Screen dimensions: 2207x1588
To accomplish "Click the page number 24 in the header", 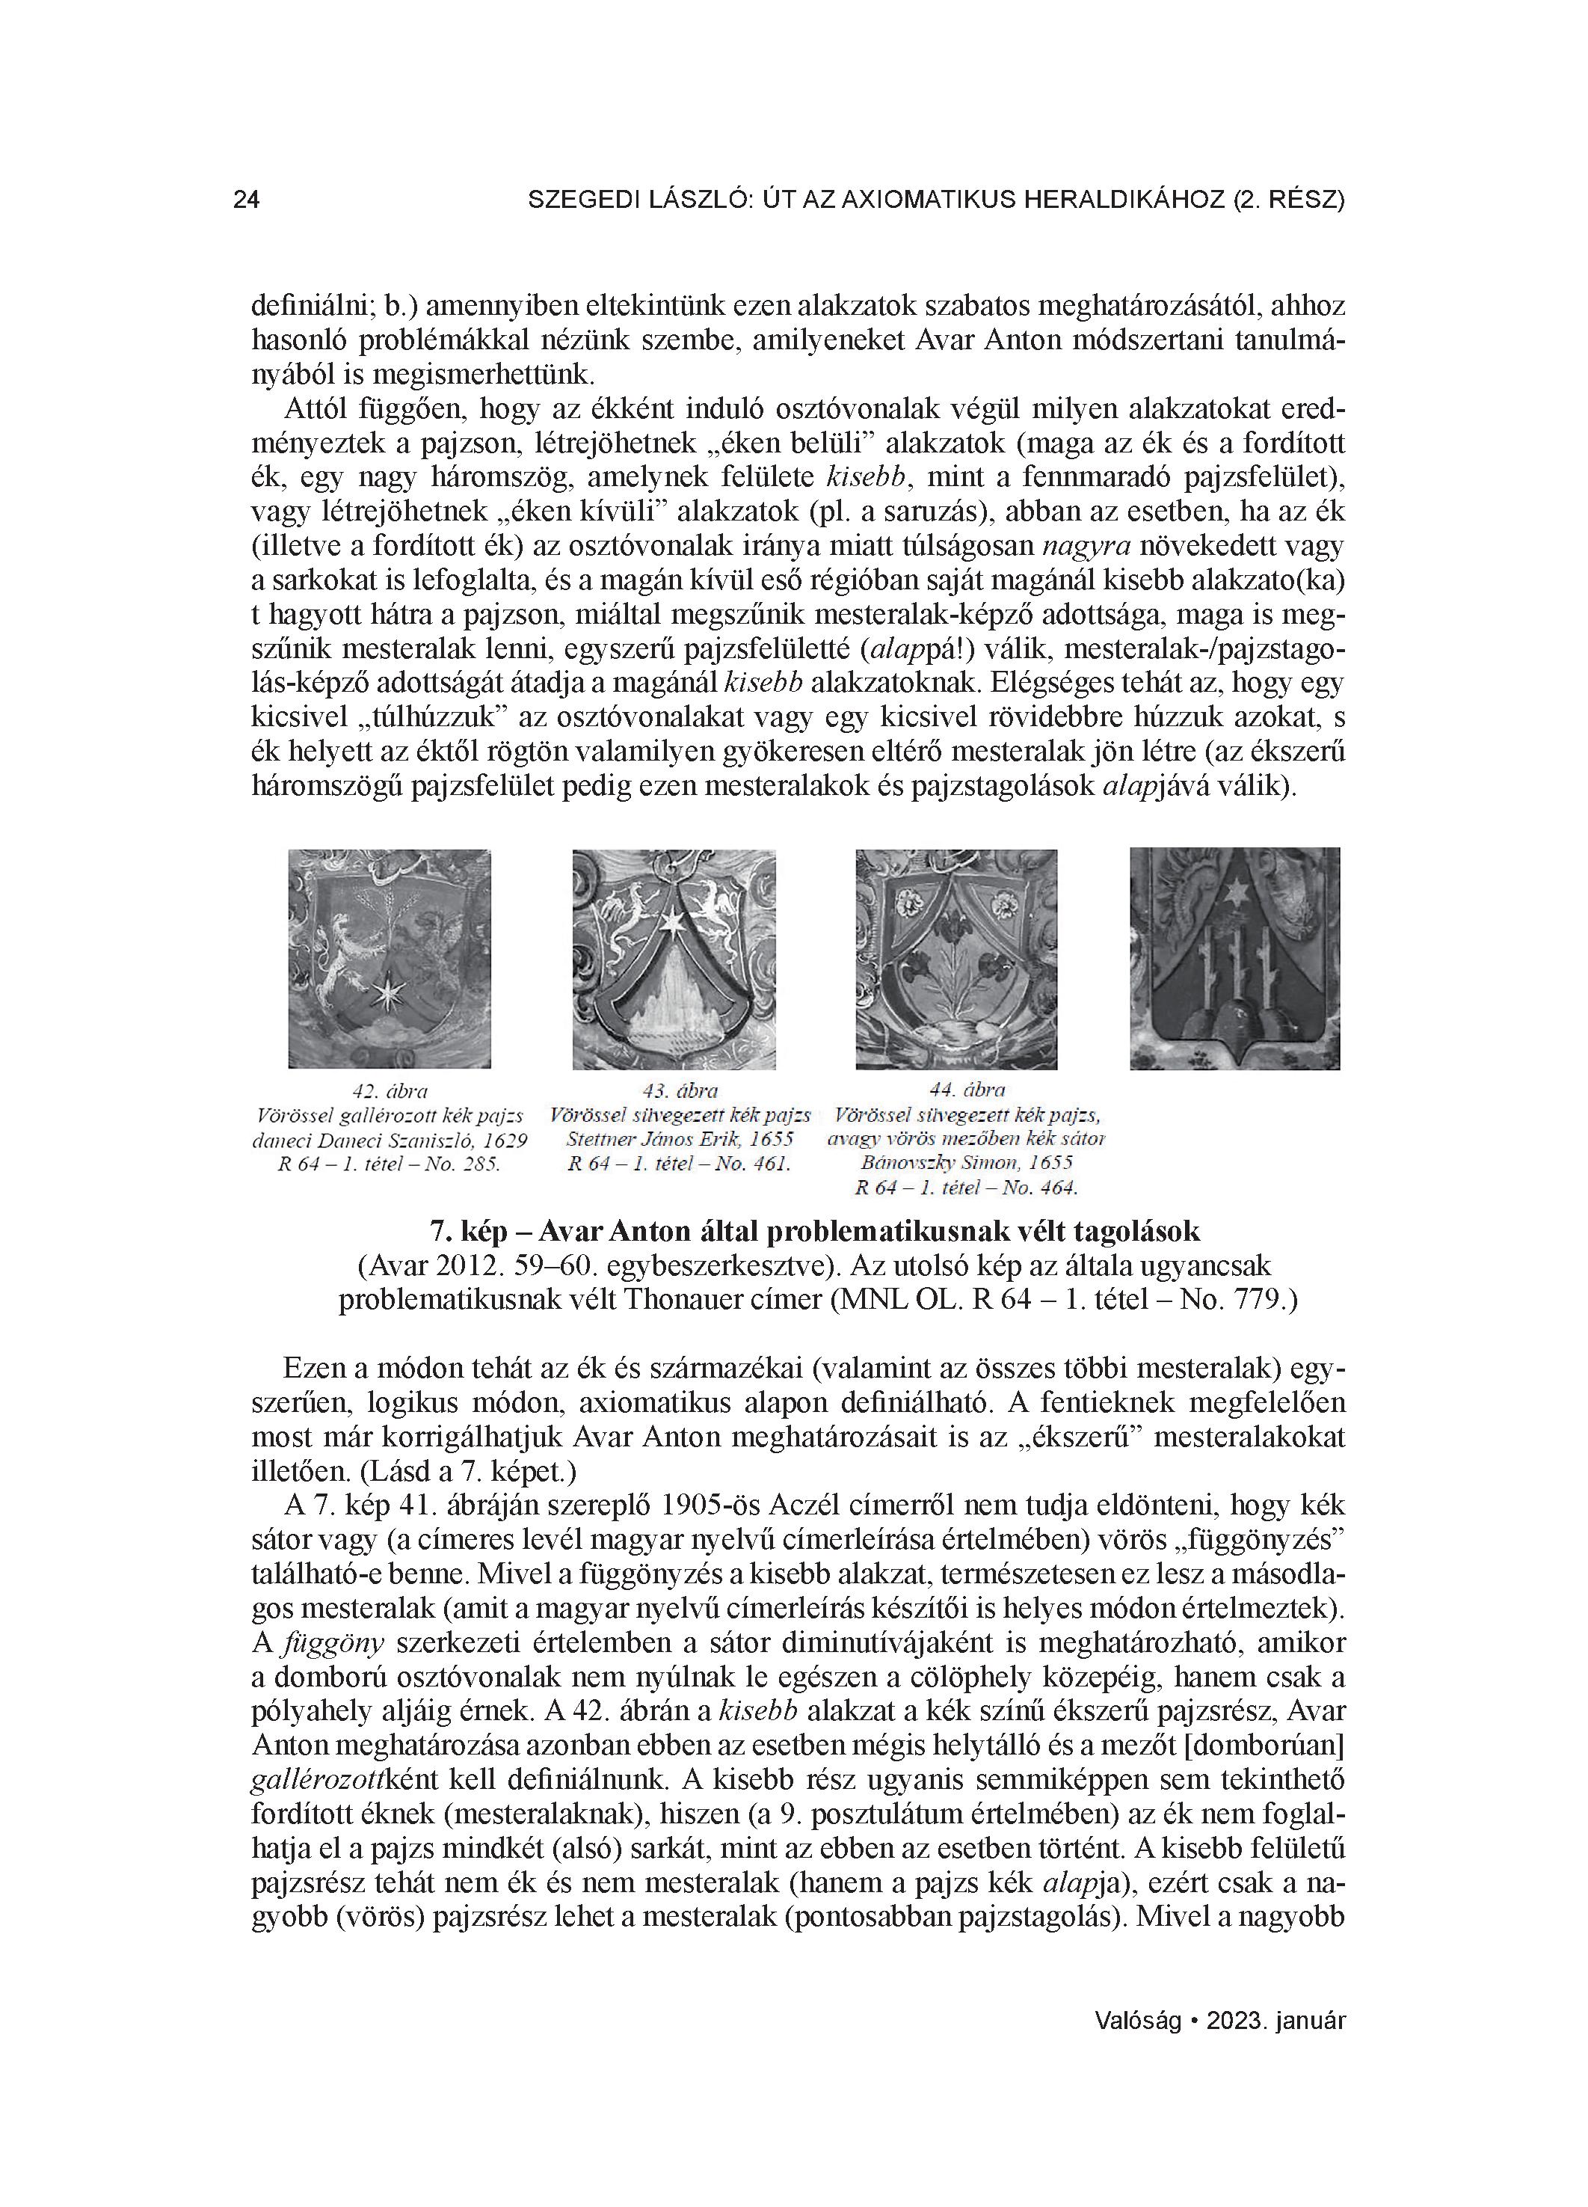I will (x=246, y=200).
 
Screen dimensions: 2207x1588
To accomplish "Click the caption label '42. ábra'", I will (x=390, y=1091).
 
